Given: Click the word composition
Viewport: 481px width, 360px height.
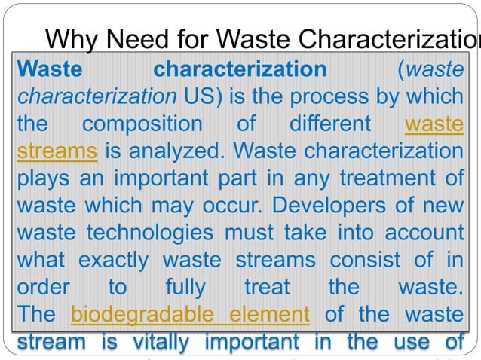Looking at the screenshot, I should tap(143, 124).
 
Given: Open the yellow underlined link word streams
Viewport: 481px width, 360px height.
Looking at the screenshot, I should tap(57, 151).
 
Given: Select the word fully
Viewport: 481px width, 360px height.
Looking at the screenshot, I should tap(185, 286).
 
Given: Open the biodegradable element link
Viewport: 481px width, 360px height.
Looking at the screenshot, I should tap(190, 313).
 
